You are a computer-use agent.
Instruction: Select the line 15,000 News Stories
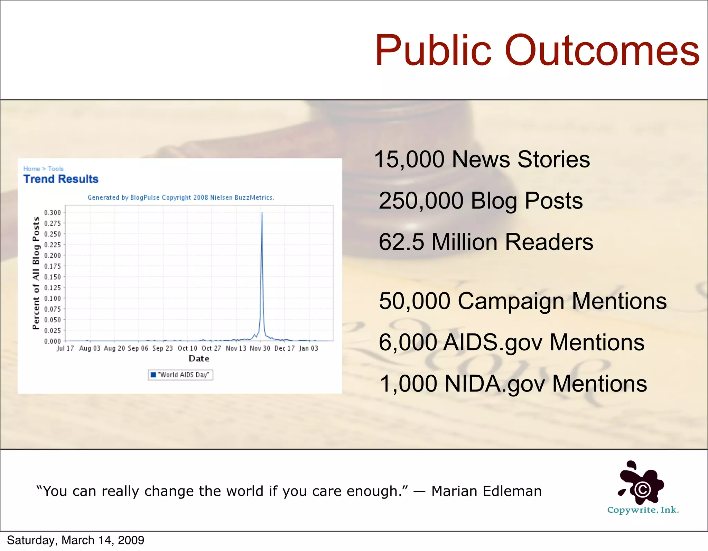(x=482, y=159)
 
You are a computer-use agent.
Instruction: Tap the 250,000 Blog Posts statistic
(x=481, y=201)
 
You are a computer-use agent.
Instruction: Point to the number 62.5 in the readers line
(x=401, y=242)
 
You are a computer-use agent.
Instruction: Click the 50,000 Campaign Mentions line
(x=523, y=301)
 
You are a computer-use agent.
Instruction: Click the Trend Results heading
(x=61, y=179)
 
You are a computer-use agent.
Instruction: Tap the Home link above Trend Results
(x=31, y=169)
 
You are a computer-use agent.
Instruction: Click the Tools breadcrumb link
(x=56, y=169)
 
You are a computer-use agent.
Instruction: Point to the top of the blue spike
(x=262, y=213)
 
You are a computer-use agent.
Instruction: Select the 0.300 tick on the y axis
(x=52, y=213)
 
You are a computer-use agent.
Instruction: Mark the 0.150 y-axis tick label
(x=52, y=277)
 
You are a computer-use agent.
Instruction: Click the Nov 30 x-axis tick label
(x=260, y=348)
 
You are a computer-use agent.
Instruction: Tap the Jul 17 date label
(x=65, y=348)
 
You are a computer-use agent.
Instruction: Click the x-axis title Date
(x=199, y=359)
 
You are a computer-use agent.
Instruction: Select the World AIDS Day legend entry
(x=180, y=375)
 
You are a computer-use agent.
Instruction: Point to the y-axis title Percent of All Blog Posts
(x=36, y=273)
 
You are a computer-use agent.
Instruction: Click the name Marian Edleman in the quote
(x=486, y=491)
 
